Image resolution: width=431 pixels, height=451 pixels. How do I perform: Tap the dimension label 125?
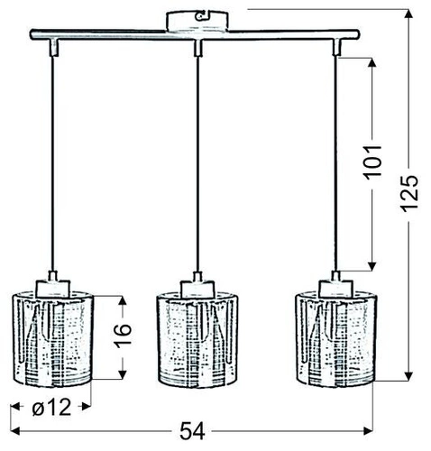pyautogui.click(x=411, y=191)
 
